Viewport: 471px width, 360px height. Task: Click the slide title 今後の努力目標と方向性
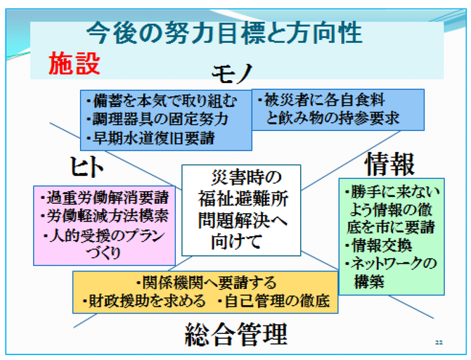coord(224,33)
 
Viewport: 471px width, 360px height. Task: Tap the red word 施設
coord(75,63)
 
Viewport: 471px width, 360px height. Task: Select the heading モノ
coord(232,73)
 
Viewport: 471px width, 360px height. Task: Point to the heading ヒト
coord(86,167)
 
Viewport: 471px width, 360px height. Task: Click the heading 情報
coord(390,164)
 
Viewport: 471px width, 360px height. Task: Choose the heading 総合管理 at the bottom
coord(236,334)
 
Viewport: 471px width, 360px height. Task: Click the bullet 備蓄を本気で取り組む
coord(162,101)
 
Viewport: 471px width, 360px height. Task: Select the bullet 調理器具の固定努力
coord(157,120)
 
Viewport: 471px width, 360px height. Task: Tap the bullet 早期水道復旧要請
coord(150,139)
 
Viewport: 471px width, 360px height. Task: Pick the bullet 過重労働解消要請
coord(105,198)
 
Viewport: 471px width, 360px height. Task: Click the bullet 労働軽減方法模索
coord(105,216)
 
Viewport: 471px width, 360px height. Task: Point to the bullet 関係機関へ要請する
coord(206,282)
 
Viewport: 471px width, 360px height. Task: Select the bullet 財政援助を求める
coord(144,301)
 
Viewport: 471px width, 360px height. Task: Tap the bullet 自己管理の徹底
coord(273,301)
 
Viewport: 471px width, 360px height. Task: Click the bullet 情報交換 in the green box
coord(378,245)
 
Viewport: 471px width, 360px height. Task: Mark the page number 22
coord(439,342)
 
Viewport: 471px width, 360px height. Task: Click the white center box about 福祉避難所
coord(241,210)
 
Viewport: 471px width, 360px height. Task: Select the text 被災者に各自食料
coord(321,100)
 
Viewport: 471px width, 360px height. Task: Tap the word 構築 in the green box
coord(369,282)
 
